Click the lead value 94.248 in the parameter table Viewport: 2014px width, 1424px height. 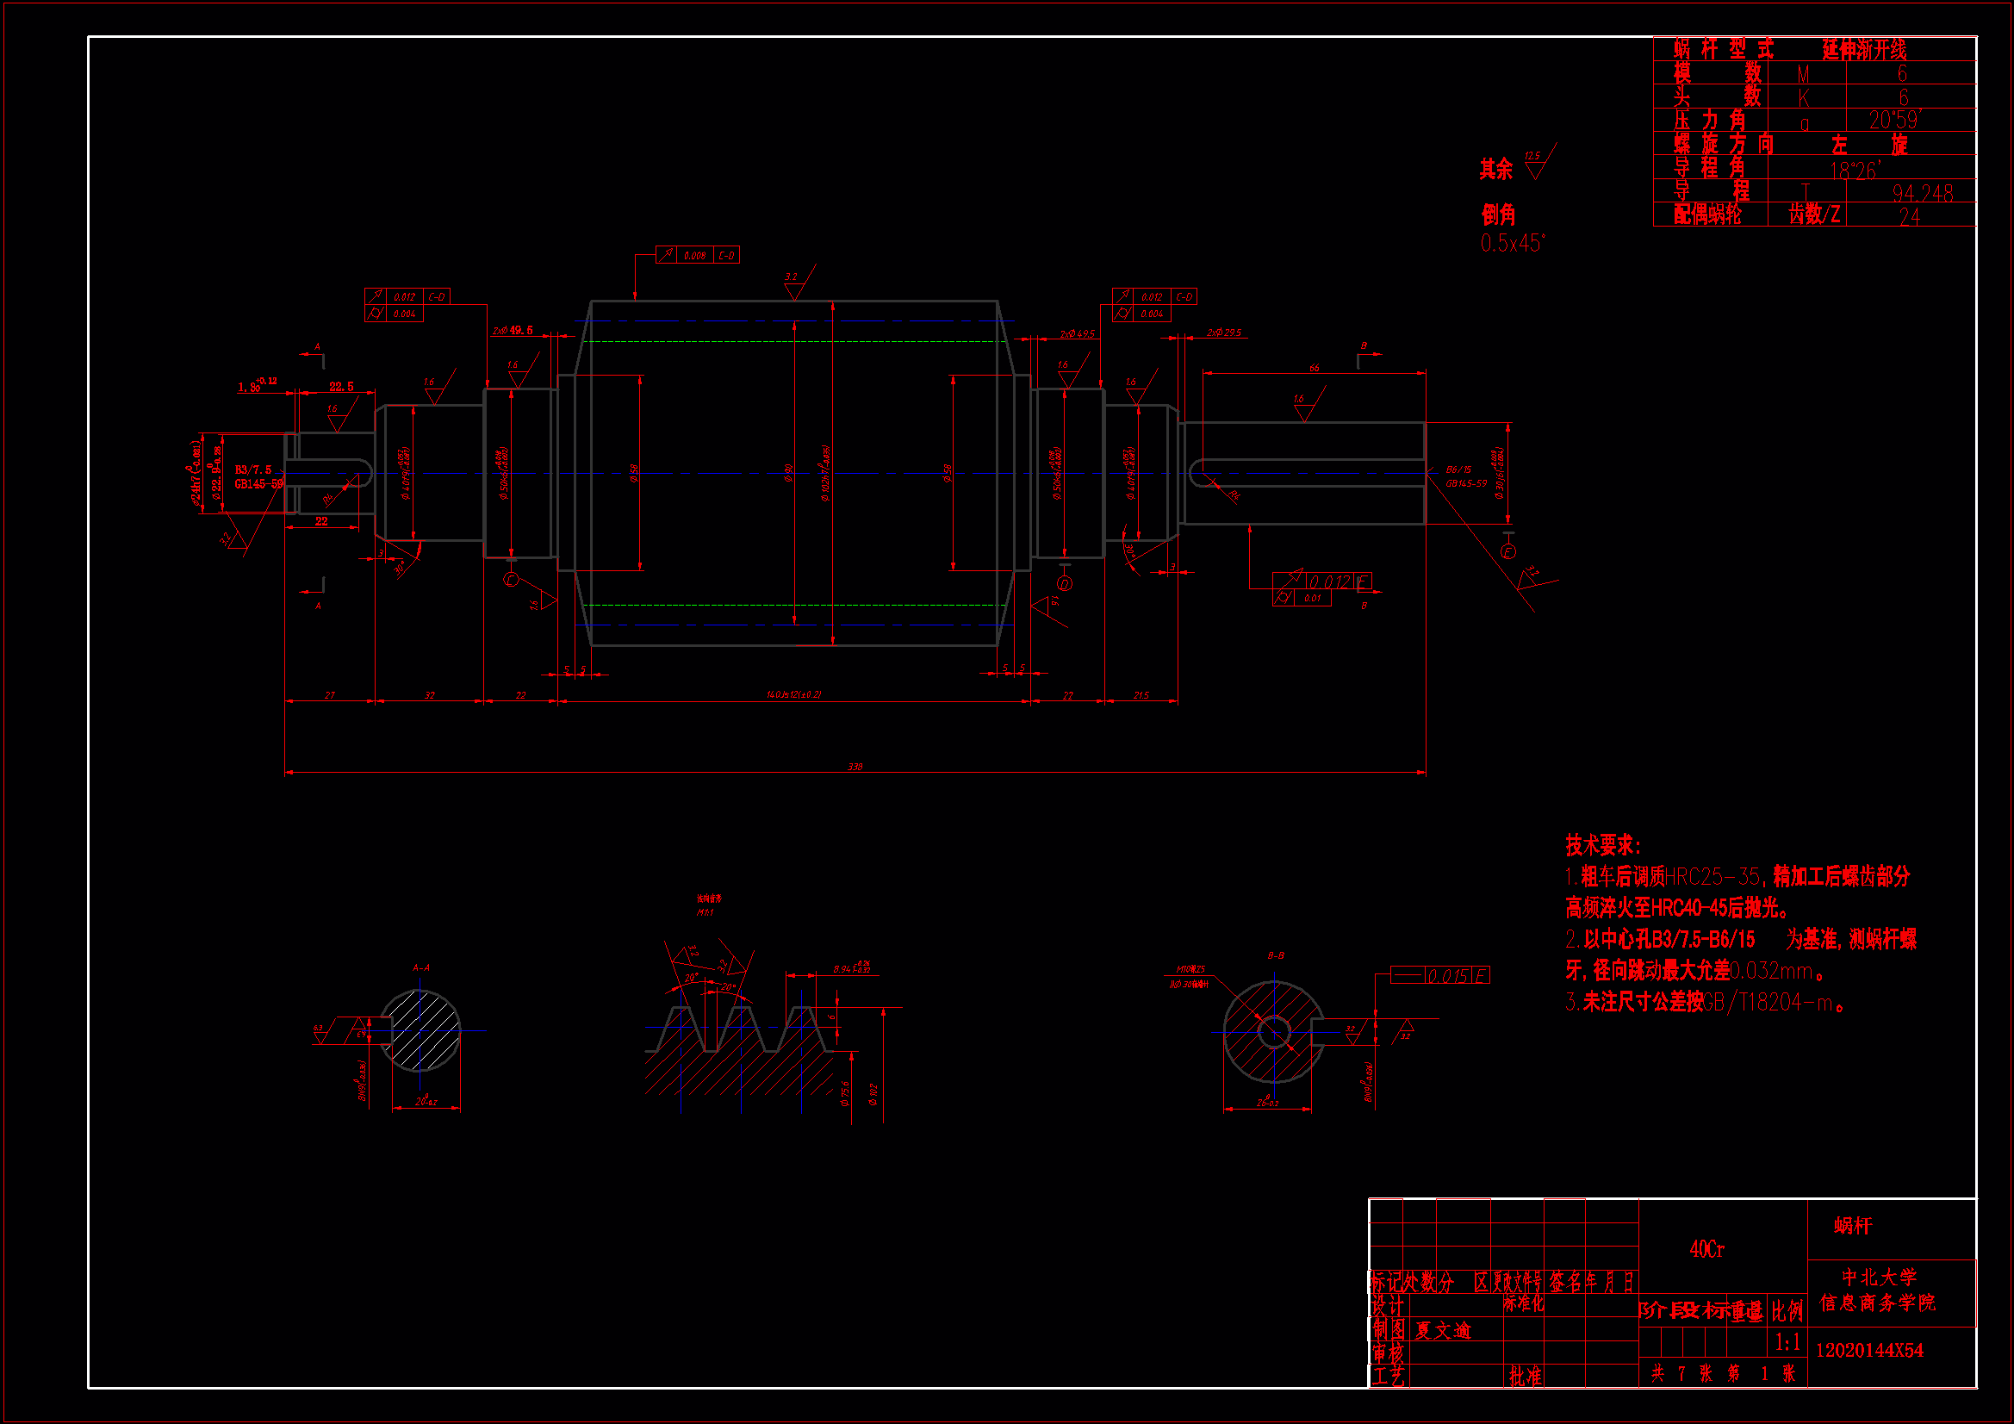coord(1921,193)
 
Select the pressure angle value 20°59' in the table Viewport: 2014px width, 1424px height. coord(1895,120)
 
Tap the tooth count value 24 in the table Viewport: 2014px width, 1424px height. coord(1909,217)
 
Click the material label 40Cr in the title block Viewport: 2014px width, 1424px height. coord(1707,1248)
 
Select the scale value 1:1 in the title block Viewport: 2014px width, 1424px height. coord(1787,1342)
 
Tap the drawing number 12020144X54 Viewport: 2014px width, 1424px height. coord(1869,1350)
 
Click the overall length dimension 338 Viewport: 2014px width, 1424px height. coord(855,767)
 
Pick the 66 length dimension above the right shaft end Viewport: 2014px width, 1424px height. coord(1314,368)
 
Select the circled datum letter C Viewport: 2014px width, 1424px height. coord(513,580)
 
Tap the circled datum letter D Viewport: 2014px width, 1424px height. coord(1065,583)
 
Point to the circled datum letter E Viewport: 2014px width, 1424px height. coord(1507,552)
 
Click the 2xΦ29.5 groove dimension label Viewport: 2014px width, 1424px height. coord(1224,333)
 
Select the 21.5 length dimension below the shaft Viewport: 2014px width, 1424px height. coord(1141,695)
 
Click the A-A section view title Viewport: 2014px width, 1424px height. coord(421,967)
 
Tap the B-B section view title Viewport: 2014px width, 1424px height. coord(1276,955)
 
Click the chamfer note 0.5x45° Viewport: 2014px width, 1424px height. coord(1513,243)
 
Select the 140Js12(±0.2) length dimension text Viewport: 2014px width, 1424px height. coord(794,694)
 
